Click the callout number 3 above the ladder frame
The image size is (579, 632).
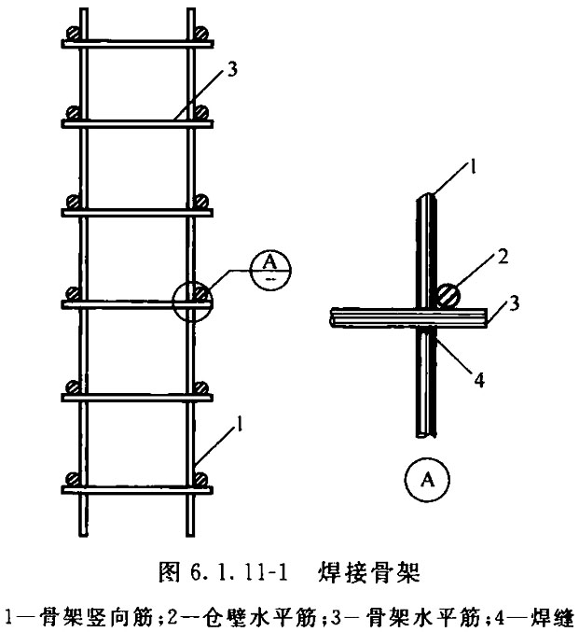coord(232,69)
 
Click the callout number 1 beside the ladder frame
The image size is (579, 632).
coord(240,424)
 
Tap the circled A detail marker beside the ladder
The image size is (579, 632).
coord(270,269)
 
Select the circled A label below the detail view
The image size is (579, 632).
coord(427,479)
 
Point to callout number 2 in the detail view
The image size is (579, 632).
coord(503,257)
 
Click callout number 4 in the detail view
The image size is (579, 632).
coord(479,380)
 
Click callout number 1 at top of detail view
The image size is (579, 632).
coord(474,165)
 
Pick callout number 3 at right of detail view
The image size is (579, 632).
coord(514,303)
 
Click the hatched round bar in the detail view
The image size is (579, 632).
coord(448,297)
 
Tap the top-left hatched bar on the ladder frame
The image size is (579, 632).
coord(73,33)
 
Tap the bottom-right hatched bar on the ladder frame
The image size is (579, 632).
coord(200,479)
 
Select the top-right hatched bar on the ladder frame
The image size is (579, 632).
coord(201,33)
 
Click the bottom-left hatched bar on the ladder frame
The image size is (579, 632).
coord(73,479)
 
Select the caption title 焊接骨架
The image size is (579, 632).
coord(369,572)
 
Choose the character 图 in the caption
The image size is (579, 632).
coord(169,572)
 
